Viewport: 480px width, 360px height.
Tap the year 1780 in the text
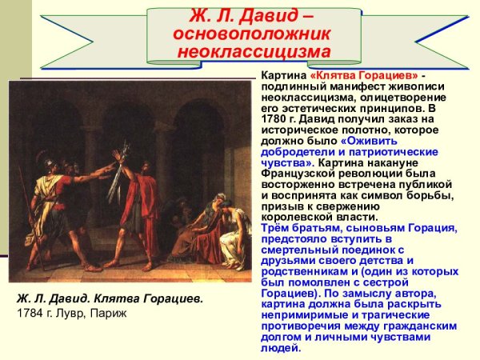click(x=275, y=119)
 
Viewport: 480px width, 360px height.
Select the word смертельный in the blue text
click(x=297, y=250)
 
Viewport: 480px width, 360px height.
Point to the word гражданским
click(x=423, y=326)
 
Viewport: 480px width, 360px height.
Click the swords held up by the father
click(x=119, y=164)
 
